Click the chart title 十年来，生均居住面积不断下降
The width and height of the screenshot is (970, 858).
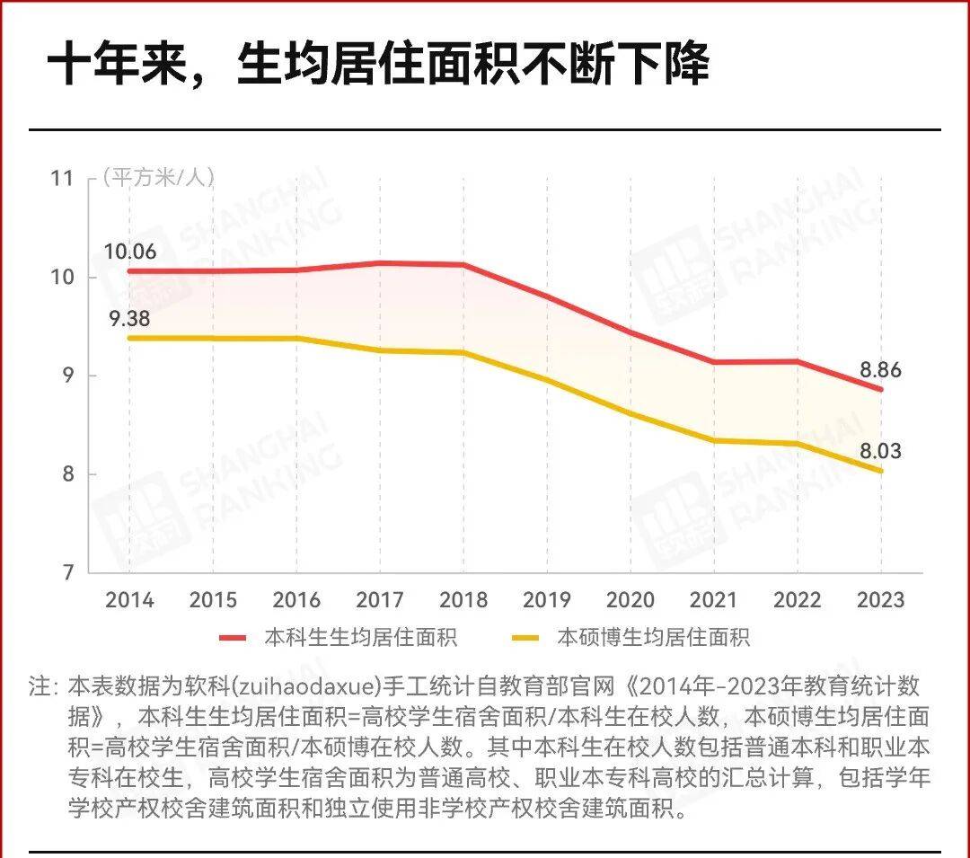(378, 65)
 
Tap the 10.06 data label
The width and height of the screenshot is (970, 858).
(129, 252)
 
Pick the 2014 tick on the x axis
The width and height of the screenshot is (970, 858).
(129, 599)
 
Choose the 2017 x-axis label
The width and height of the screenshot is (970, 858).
(380, 599)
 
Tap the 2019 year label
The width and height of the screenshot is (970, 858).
(547, 599)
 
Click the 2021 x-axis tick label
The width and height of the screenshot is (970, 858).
(714, 599)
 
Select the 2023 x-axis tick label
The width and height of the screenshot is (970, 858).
(880, 599)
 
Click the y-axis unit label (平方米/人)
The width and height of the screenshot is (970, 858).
(158, 177)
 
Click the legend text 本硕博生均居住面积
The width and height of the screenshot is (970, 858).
(653, 638)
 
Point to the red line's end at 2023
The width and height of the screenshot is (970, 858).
(880, 389)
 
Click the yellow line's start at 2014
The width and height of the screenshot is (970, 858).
(130, 338)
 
